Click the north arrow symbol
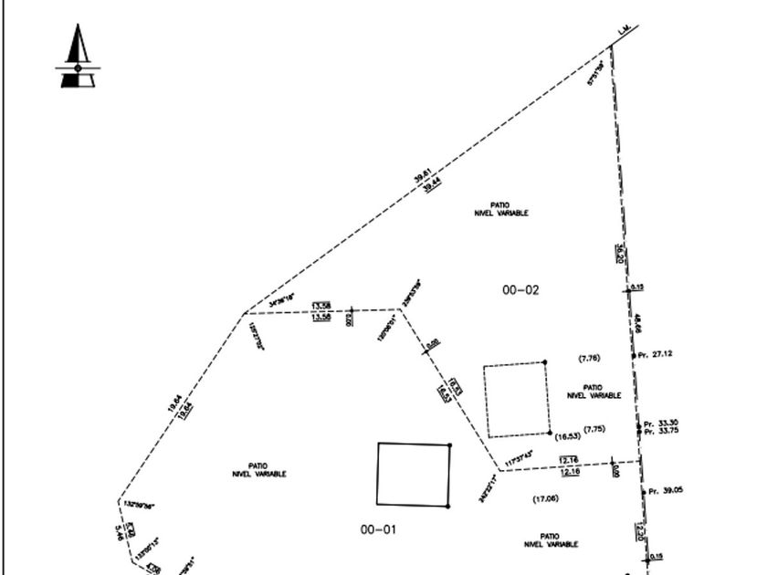tap(78, 57)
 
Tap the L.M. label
tap(625, 31)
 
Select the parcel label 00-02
tap(520, 290)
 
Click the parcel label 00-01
tap(378, 529)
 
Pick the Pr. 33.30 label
tap(661, 423)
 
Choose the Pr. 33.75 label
tap(661, 432)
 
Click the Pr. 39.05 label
tap(665, 491)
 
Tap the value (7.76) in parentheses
tap(590, 358)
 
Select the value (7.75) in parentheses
tap(594, 429)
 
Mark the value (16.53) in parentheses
tap(568, 436)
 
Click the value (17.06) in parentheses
tap(545, 498)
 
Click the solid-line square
tap(414, 475)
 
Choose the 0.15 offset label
tap(657, 557)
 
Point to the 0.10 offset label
tap(637, 287)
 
